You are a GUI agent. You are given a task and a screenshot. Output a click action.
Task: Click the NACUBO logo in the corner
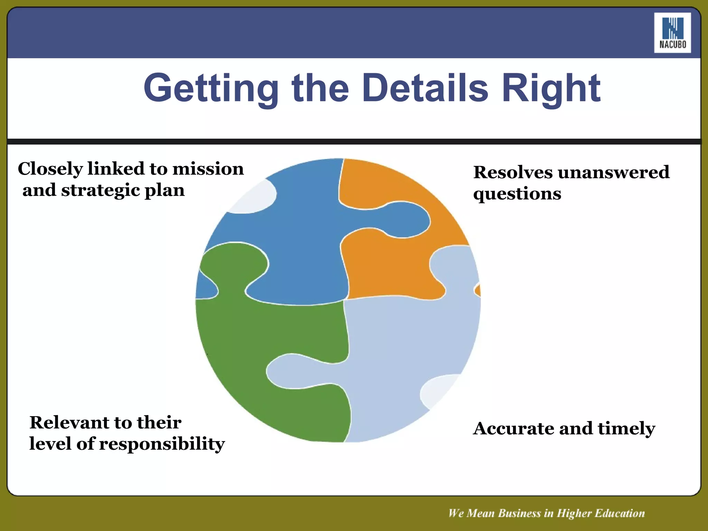pyautogui.click(x=672, y=33)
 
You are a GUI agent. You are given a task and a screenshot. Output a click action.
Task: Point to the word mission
pyautogui.click(x=208, y=169)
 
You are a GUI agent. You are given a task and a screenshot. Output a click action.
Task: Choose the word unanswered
pyautogui.click(x=614, y=172)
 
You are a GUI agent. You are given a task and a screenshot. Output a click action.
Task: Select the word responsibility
pyautogui.click(x=162, y=444)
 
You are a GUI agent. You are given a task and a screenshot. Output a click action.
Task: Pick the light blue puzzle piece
pyautogui.click(x=408, y=346)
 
